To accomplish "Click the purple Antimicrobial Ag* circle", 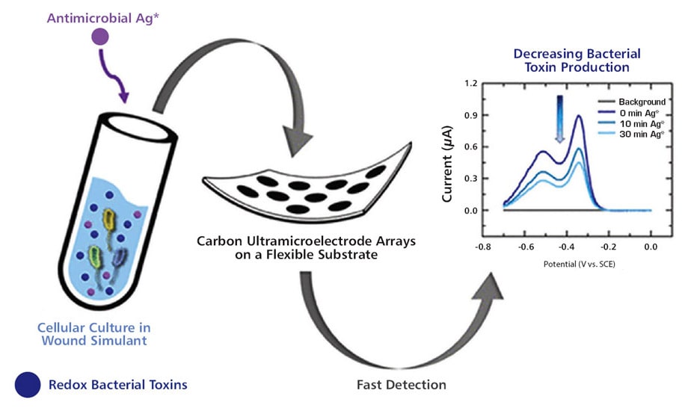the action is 99,37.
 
